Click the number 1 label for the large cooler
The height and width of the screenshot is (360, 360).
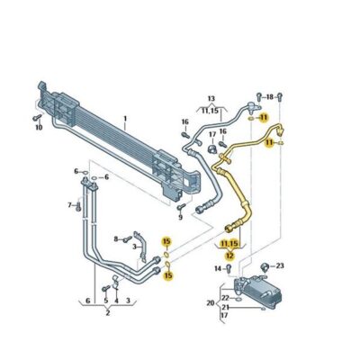click(x=126, y=119)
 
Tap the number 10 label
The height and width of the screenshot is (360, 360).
click(x=39, y=127)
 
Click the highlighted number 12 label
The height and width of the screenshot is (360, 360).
click(x=229, y=256)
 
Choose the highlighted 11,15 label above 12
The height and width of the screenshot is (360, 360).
click(x=229, y=243)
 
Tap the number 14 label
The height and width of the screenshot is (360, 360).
click(x=217, y=268)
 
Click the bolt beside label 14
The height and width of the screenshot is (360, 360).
click(x=229, y=268)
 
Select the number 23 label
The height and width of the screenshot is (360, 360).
click(x=280, y=265)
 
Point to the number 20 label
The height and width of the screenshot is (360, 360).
click(x=210, y=302)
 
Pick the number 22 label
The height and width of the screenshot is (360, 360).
click(x=225, y=297)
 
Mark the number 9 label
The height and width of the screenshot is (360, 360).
click(x=180, y=216)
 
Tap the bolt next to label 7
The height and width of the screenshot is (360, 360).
click(x=79, y=205)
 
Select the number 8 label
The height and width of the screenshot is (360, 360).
click(x=116, y=238)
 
